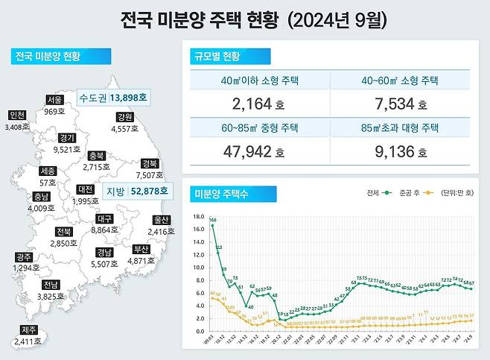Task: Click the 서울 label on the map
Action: pos(54,100)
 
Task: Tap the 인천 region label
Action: pos(16,116)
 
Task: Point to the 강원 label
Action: pos(125,117)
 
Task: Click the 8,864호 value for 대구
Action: pos(105,231)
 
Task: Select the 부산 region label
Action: pos(141,249)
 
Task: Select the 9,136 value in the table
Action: pos(401,152)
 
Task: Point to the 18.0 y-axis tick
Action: pos(198,217)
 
